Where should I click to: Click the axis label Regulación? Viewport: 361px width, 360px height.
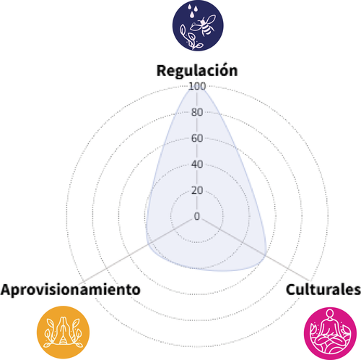coord(197,71)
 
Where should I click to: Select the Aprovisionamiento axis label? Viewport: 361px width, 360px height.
coord(71,290)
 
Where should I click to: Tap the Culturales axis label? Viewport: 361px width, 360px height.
coord(323,289)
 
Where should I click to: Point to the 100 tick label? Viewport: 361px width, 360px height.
coord(197,86)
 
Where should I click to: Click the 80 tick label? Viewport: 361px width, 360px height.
coord(197,112)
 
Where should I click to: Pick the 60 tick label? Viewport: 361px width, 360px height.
coord(197,138)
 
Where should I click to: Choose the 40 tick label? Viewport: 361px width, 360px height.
coord(197,164)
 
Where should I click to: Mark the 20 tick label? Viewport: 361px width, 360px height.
coord(197,190)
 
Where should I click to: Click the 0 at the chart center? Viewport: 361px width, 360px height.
coord(197,216)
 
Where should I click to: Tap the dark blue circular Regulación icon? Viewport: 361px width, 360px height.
coord(198,25)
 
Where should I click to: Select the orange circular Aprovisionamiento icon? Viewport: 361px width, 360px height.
coord(63,333)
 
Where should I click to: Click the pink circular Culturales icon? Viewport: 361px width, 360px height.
coord(330,333)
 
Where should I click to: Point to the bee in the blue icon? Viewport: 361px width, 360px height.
coord(204,25)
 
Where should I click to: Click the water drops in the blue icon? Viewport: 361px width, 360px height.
coord(193,11)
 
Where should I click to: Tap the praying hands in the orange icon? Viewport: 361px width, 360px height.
coord(63,330)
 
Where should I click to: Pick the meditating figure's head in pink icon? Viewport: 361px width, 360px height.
coord(330,314)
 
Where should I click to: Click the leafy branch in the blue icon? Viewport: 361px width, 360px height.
coord(190,38)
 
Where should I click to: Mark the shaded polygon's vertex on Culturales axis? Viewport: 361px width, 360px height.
coord(266,254)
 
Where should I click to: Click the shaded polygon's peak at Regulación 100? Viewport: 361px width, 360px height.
coord(197,87)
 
